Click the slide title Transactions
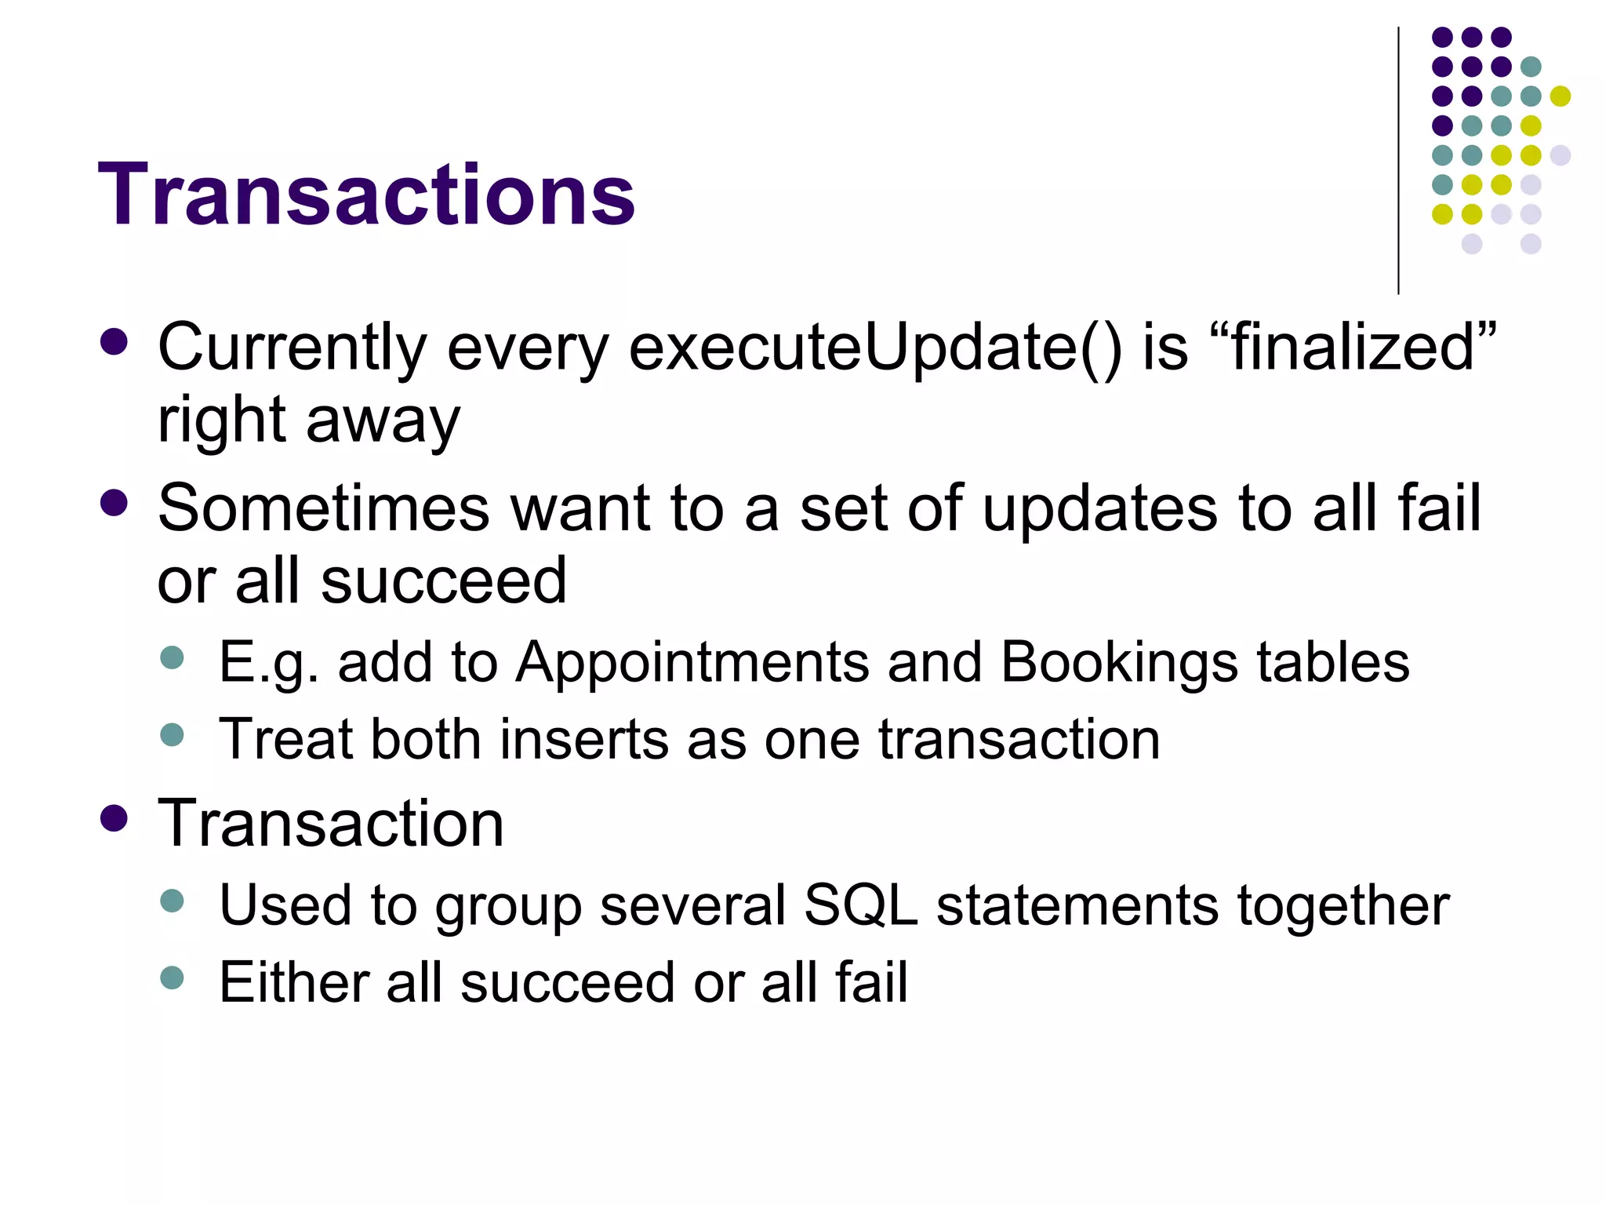366,195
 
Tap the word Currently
292,348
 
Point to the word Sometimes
325,508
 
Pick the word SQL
860,905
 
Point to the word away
383,422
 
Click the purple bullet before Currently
114,343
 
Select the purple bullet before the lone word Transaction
114,818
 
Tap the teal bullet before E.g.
171,657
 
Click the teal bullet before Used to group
171,900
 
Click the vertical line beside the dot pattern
1398,161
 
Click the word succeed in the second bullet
443,581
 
